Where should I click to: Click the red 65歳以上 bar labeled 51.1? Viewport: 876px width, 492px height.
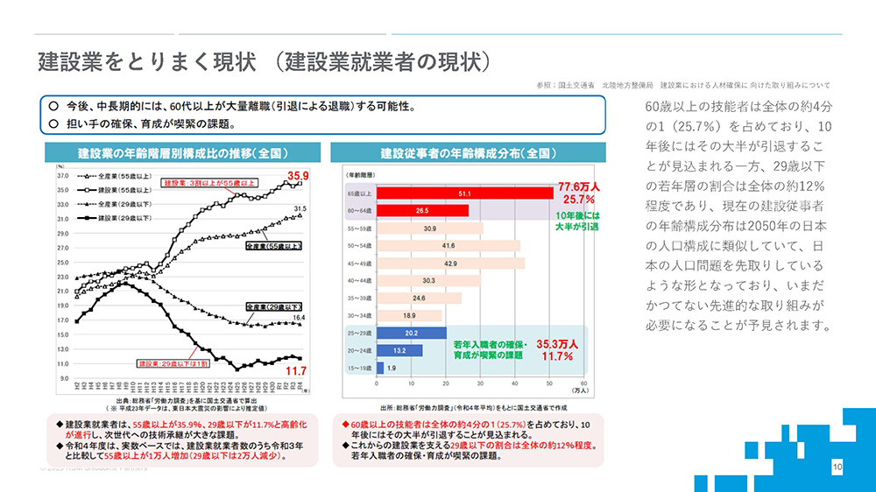point(464,193)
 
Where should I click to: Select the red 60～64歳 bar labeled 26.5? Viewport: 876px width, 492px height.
point(422,211)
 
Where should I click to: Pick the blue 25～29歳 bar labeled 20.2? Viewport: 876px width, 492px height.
point(411,333)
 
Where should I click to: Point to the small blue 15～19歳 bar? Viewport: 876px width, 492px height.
point(380,368)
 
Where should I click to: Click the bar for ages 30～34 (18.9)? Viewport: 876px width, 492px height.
point(409,315)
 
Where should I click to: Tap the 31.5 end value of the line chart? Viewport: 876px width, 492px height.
point(299,208)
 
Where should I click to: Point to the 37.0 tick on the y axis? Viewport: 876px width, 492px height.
point(63,175)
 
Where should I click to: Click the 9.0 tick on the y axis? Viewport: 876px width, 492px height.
point(64,378)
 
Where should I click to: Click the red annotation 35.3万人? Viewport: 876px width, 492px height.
point(557,344)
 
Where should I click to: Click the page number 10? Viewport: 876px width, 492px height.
point(837,468)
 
